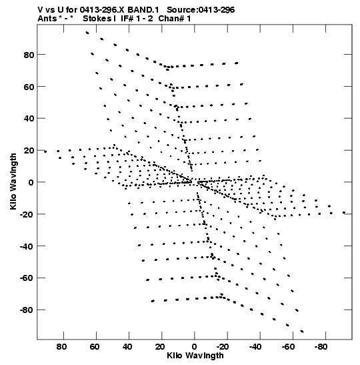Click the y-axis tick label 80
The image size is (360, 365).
point(29,55)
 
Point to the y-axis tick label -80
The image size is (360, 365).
point(27,310)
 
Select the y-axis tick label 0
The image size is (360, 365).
point(31,183)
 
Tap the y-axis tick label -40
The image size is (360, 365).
point(27,246)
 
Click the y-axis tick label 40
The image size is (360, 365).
point(29,119)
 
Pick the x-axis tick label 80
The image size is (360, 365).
point(61,347)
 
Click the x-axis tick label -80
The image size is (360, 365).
point(321,347)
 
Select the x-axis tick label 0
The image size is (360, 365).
point(195,347)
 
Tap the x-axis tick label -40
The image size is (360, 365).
point(255,347)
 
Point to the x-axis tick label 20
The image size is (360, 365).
point(160,347)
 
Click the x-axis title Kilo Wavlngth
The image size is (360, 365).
point(195,356)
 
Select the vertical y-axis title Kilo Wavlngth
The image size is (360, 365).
point(13,181)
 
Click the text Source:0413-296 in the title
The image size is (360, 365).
point(201,10)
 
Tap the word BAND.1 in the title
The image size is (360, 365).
point(143,10)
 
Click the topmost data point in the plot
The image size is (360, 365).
point(87,33)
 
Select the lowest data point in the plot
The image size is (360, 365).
point(302,331)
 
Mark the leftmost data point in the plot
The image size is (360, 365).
point(45,151)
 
